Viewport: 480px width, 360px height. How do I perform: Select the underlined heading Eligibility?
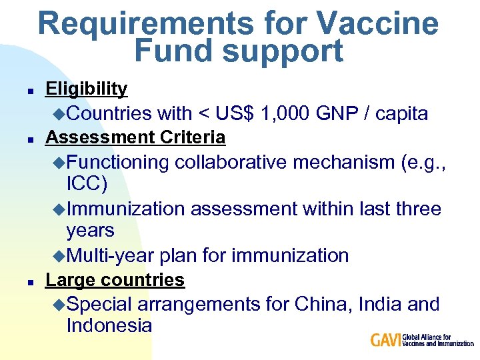click(x=86, y=89)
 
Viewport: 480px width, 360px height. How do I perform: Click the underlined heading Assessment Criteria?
click(x=135, y=137)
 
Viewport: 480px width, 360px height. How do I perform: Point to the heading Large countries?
click(x=115, y=280)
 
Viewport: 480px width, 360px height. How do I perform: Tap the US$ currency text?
click(x=232, y=114)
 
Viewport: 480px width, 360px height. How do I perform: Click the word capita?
click(x=402, y=114)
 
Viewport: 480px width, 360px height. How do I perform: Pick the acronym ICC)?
click(x=87, y=183)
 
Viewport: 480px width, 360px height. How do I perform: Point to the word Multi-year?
click(x=111, y=255)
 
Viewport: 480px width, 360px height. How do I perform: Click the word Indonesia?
click(x=109, y=326)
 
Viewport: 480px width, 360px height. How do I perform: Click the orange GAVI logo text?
click(x=386, y=340)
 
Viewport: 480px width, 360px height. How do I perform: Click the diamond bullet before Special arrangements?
click(x=59, y=305)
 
